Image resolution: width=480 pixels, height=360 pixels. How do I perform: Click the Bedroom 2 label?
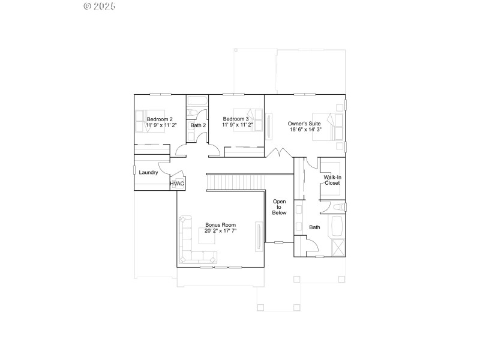[160, 119]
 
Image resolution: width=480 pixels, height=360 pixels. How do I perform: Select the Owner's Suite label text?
[304, 124]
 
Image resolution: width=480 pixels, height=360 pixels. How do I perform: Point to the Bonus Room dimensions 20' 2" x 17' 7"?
[220, 230]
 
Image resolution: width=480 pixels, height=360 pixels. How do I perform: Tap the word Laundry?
[148, 173]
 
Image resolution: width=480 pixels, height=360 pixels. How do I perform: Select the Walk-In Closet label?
[332, 180]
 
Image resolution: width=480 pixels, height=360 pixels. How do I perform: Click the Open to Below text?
[280, 207]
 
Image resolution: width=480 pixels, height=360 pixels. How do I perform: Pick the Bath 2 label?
[198, 125]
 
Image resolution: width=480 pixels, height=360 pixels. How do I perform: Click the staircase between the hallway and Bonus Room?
[236, 181]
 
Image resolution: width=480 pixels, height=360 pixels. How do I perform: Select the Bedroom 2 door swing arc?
[180, 150]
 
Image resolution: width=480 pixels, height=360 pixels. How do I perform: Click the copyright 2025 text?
[100, 7]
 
